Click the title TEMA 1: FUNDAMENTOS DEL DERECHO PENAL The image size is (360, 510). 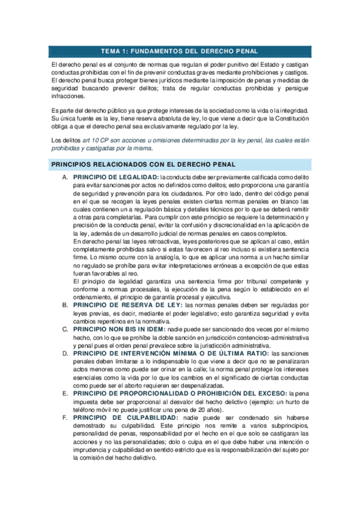point(180,51)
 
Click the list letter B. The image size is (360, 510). point(64,305)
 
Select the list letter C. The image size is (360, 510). point(64,330)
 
